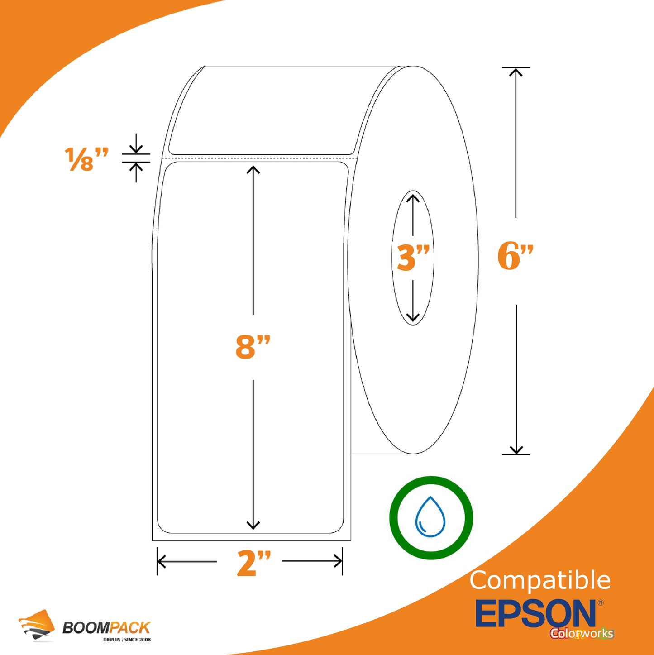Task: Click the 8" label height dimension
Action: click(253, 347)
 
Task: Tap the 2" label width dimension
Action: click(253, 563)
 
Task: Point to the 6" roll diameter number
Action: click(515, 256)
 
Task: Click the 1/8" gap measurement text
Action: click(86, 159)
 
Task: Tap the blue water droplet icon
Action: click(430, 517)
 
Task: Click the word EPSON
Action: click(536, 614)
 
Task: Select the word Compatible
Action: click(540, 580)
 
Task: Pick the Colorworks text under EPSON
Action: click(582, 633)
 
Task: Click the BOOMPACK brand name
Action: click(106, 627)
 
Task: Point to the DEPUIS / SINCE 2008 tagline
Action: click(127, 640)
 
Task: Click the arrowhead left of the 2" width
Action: click(161, 561)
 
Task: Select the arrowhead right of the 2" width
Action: click(338, 561)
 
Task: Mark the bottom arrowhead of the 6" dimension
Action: click(516, 450)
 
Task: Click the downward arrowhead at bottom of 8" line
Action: click(253, 525)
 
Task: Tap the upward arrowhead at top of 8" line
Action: click(253, 170)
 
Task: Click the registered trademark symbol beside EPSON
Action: click(601, 603)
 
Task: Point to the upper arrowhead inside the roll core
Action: click(413, 198)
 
